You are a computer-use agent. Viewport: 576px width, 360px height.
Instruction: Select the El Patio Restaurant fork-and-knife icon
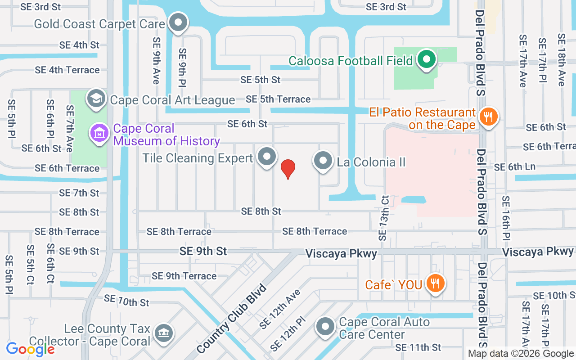(x=488, y=117)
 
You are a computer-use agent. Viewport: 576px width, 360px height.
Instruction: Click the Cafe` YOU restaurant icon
(x=435, y=283)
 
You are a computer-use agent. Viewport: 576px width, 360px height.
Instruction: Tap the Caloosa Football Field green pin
(x=425, y=59)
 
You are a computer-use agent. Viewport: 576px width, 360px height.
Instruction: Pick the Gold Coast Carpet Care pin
(x=178, y=22)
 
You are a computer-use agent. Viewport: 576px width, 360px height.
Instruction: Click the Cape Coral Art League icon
(x=96, y=99)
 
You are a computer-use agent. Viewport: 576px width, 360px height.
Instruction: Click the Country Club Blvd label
(x=232, y=319)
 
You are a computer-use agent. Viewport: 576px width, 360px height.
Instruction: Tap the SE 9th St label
(x=203, y=251)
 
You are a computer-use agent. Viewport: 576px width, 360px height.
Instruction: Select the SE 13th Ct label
(x=384, y=218)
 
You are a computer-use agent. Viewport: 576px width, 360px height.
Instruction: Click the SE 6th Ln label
(x=515, y=167)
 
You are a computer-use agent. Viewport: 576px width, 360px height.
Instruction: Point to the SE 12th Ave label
(x=280, y=309)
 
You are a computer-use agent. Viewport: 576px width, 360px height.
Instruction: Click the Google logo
(x=30, y=349)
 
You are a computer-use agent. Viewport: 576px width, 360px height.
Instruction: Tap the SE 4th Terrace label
(x=67, y=70)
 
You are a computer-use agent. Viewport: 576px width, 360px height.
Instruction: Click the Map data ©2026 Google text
(x=521, y=354)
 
